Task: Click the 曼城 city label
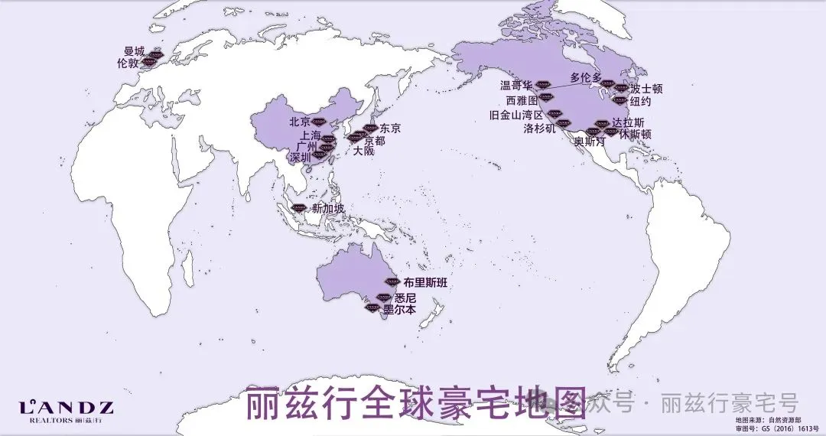pyautogui.click(x=134, y=51)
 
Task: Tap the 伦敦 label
pyautogui.click(x=128, y=63)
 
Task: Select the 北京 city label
pyautogui.click(x=300, y=122)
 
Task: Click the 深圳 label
pyautogui.click(x=301, y=158)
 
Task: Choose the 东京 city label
pyautogui.click(x=390, y=128)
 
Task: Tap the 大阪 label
pyautogui.click(x=364, y=151)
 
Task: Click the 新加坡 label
pyautogui.click(x=328, y=208)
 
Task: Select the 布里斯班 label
pyautogui.click(x=424, y=283)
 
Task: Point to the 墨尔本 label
pyautogui.click(x=399, y=311)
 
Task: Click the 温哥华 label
pyautogui.click(x=516, y=85)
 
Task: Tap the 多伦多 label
pyautogui.click(x=586, y=78)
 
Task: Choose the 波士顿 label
pyautogui.click(x=647, y=89)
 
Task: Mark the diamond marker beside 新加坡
pyautogui.click(x=298, y=207)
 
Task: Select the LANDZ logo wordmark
pyautogui.click(x=66, y=408)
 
